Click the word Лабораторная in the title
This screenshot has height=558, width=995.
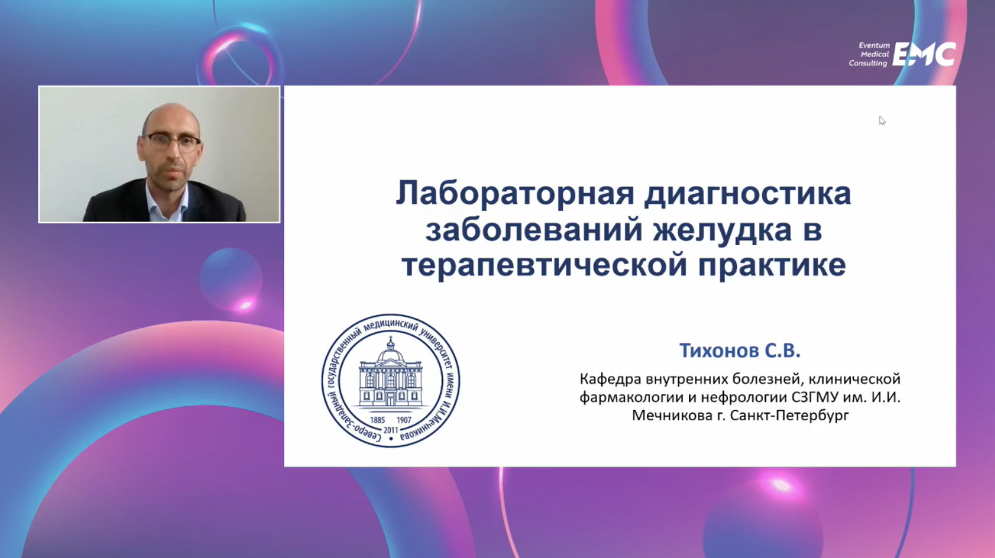pyautogui.click(x=514, y=194)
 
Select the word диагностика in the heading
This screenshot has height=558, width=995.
pyautogui.click(x=748, y=194)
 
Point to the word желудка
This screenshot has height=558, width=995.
pyautogui.click(x=723, y=231)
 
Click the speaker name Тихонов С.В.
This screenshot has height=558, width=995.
pyautogui.click(x=740, y=350)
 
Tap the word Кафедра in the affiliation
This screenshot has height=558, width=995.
pyautogui.click(x=610, y=379)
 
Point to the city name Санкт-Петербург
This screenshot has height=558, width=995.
pyautogui.click(x=789, y=416)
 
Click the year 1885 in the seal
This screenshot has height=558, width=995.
pyautogui.click(x=377, y=420)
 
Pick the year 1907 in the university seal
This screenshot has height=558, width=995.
pyautogui.click(x=404, y=420)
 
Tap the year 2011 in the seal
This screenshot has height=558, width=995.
pyautogui.click(x=390, y=430)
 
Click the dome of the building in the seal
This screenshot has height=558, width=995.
pyautogui.click(x=390, y=355)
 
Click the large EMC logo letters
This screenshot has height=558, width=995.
pyautogui.click(x=924, y=54)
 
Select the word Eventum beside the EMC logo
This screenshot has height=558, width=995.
pyautogui.click(x=874, y=45)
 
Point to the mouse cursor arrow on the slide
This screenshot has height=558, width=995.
pyautogui.click(x=882, y=121)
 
